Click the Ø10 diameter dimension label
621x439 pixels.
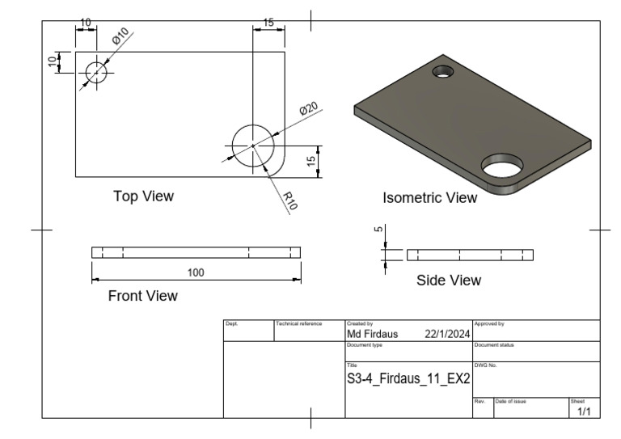[120, 36]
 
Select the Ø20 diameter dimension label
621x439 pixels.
[309, 108]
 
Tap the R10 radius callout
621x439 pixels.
[290, 201]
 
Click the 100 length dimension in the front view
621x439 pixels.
[196, 272]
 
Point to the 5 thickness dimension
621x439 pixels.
[378, 229]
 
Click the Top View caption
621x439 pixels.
[143, 196]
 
